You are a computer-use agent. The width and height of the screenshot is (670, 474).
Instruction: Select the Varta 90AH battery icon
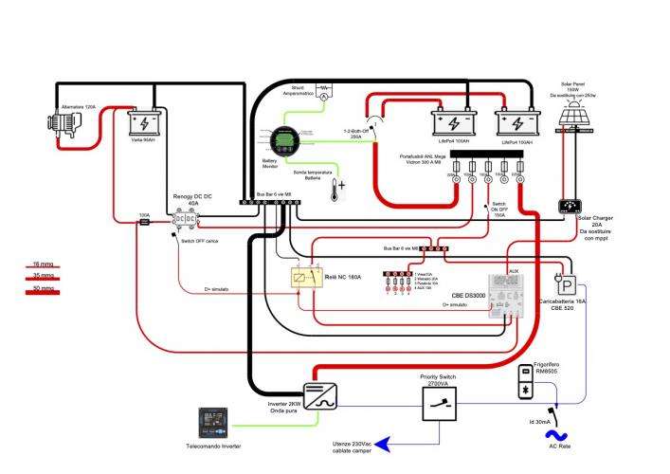[144, 123]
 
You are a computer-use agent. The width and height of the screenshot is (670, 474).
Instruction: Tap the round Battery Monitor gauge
[281, 142]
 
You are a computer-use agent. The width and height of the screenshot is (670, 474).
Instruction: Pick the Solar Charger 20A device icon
[571, 206]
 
